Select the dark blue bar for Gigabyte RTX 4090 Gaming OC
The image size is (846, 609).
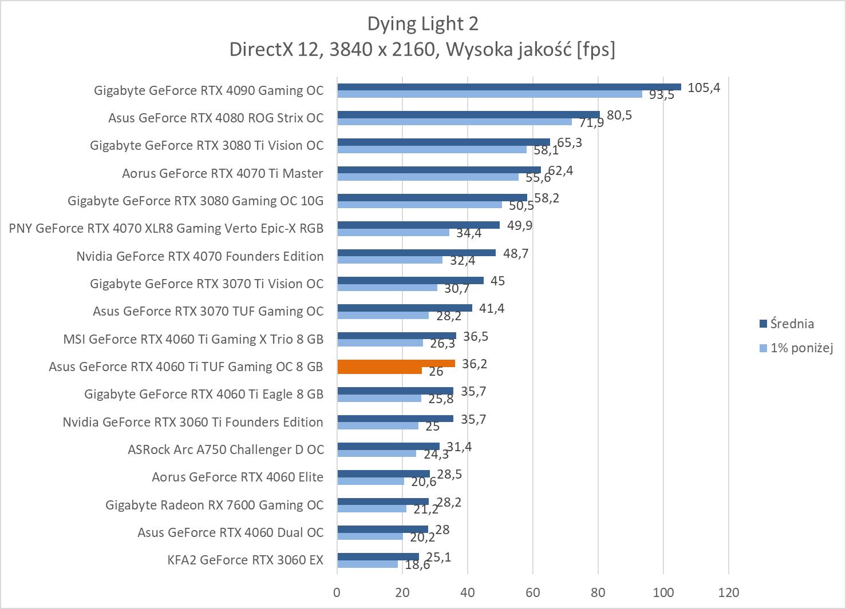509,87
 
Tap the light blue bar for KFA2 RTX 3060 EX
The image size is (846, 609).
367,564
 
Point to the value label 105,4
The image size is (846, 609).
703,87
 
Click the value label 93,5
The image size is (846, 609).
661,95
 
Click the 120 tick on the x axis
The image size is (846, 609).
728,592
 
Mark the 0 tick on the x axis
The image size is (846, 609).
337,592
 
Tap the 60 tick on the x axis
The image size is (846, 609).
533,592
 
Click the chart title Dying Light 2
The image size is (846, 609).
422,23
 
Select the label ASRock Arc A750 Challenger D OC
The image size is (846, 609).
226,449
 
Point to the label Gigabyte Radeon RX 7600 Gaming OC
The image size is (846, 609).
214,505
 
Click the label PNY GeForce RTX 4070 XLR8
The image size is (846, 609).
166,228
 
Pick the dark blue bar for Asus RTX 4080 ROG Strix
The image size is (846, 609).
468,114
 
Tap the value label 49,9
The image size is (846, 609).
519,225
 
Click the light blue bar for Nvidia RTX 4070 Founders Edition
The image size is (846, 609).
389,260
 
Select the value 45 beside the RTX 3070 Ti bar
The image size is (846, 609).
497,281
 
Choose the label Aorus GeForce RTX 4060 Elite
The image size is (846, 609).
237,477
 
